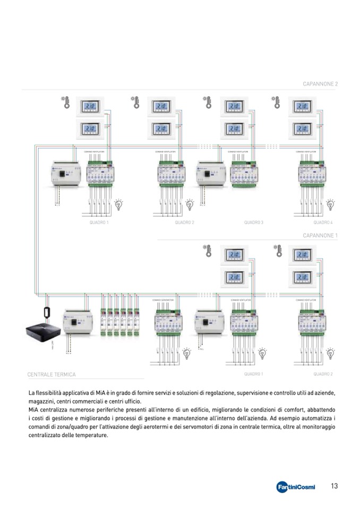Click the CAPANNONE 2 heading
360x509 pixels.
click(x=320, y=84)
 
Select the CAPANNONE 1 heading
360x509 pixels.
click(x=320, y=235)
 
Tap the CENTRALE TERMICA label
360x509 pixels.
click(x=52, y=374)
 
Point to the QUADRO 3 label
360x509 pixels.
click(x=254, y=222)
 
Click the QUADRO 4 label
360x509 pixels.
click(x=323, y=222)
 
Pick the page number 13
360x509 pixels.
click(x=335, y=486)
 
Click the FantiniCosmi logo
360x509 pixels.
click(x=296, y=487)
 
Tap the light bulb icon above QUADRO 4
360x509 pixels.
click(x=330, y=204)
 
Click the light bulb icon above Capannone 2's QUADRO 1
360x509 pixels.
click(x=119, y=204)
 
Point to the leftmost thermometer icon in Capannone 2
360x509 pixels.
click(x=66, y=102)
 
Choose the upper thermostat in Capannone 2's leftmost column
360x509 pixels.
click(x=91, y=107)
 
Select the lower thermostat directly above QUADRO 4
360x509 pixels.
click(x=303, y=128)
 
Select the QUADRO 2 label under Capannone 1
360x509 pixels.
click(x=323, y=374)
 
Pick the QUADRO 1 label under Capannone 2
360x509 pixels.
click(x=99, y=222)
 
